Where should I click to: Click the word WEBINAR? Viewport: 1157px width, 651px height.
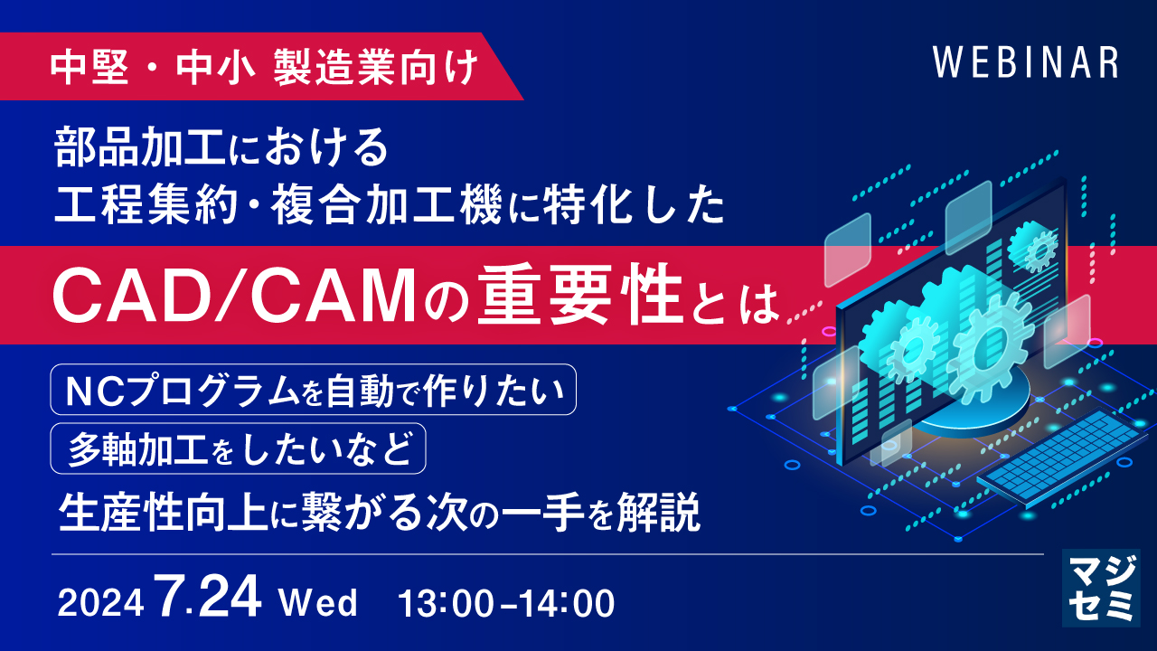[x=1026, y=62]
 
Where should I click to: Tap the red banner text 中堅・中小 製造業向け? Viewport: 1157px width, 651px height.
[x=265, y=68]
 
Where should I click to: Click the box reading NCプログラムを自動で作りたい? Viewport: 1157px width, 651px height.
[x=313, y=389]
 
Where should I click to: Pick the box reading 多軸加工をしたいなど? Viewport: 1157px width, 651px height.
[x=238, y=448]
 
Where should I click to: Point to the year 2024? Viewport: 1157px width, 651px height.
[x=100, y=603]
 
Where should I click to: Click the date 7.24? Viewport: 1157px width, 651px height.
[x=209, y=597]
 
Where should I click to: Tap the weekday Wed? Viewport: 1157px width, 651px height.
[x=317, y=602]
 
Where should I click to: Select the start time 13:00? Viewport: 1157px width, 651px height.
[x=446, y=603]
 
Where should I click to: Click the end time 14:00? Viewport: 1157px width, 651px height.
[x=566, y=603]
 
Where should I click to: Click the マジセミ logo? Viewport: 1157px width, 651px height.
[x=1100, y=588]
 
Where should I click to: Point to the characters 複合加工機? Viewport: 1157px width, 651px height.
[x=386, y=207]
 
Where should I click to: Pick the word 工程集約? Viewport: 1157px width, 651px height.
[x=146, y=207]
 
